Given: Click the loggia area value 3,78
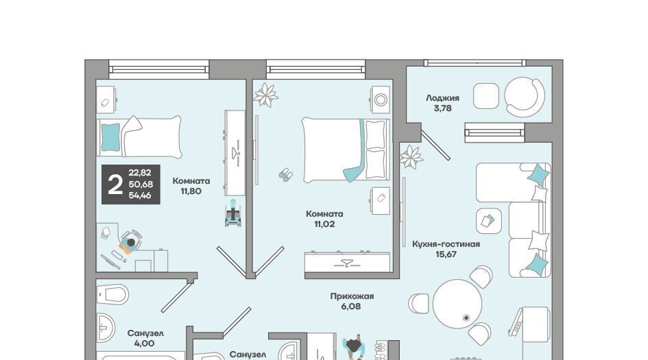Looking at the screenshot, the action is point(442,108).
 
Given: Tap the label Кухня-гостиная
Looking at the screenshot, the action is point(446,244).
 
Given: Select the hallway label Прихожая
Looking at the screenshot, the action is point(352,296).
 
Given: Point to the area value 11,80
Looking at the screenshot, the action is point(191,191).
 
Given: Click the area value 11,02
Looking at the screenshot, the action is point(324,224).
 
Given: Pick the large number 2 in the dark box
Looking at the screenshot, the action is point(115,184).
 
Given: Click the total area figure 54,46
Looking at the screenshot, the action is point(140,195).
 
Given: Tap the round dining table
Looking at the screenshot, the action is point(457,303).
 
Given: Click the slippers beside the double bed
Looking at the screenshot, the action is point(285,174).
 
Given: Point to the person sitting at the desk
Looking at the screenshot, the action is point(130,244).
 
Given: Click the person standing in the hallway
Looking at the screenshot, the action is point(354,346).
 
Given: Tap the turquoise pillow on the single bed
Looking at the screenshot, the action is point(110,137).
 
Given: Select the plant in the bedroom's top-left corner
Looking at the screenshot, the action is point(266,95).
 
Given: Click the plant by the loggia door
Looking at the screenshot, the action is point(411,157).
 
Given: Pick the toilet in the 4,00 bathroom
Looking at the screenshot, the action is point(112,294).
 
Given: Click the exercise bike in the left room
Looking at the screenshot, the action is point(232,213).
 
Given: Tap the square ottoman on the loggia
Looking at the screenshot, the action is point(486,96).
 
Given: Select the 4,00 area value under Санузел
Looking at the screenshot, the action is point(144,343).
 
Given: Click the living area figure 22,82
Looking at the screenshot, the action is point(140,173).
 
